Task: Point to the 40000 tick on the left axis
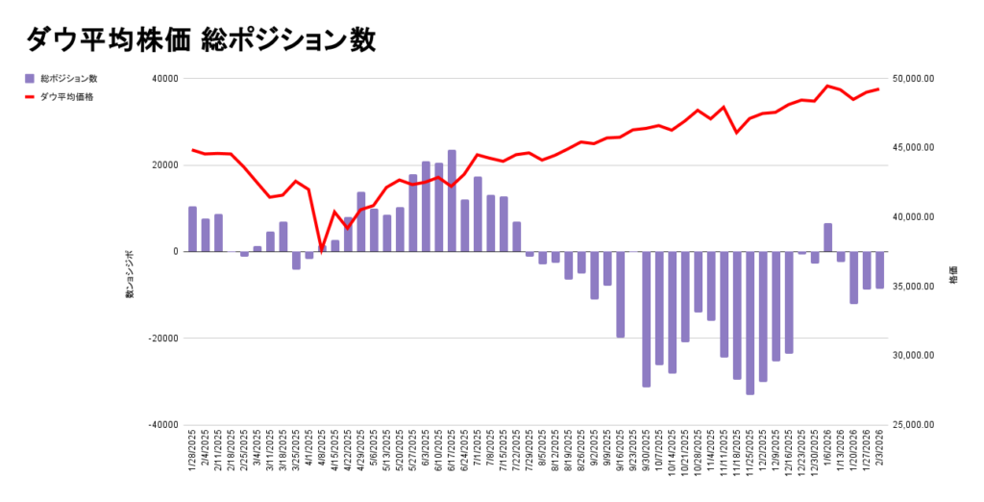pos(166,79)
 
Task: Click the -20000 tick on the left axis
pos(164,339)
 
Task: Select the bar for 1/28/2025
pos(192,229)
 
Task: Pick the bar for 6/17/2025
pos(452,201)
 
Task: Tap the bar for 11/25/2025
pos(750,322)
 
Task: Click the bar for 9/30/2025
pos(646,318)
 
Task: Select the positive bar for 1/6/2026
pos(827,238)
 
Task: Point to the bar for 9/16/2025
pos(620,294)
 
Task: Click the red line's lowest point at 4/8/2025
pos(322,248)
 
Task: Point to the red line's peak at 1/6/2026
pos(828,86)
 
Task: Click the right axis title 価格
pos(953,276)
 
